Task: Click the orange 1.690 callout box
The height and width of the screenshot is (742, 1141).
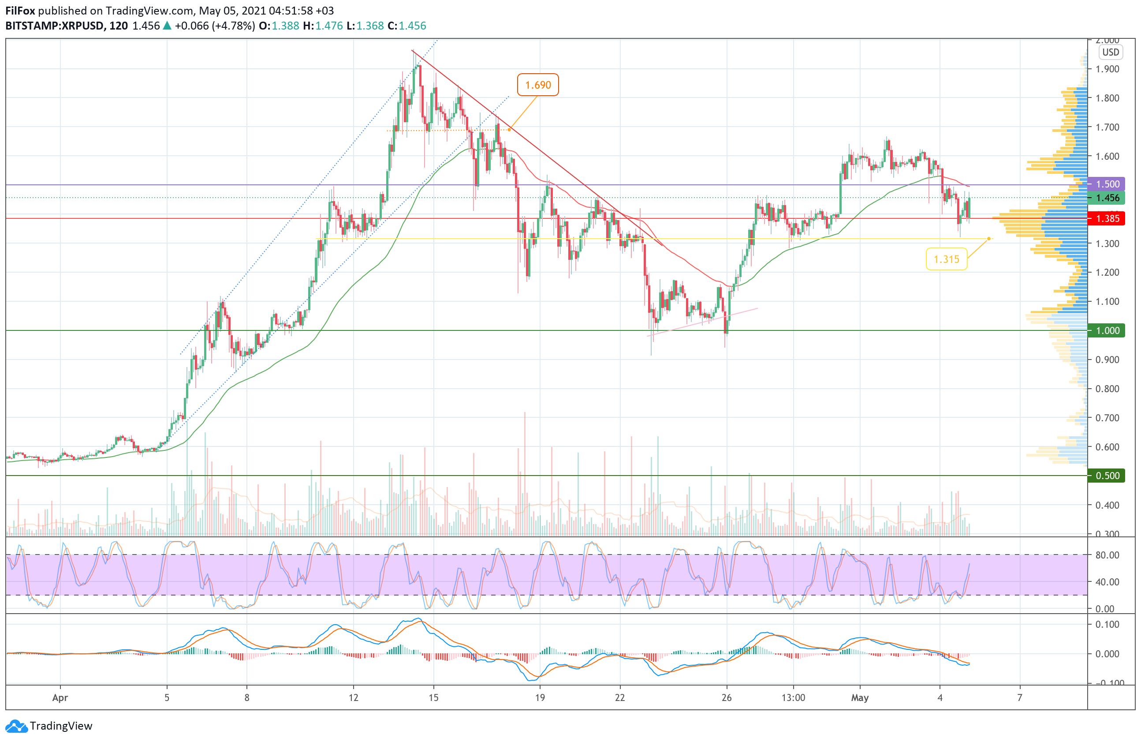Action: click(x=537, y=85)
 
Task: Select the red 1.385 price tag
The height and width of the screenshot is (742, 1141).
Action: click(x=1107, y=219)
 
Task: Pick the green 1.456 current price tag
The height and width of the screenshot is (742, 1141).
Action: click(x=1107, y=198)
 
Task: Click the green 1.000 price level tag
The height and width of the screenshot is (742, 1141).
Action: click(x=1107, y=330)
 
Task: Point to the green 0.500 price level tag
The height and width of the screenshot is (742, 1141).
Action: click(x=1107, y=476)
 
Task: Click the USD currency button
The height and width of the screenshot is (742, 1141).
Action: click(x=1110, y=52)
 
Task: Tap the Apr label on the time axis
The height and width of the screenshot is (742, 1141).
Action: click(x=60, y=698)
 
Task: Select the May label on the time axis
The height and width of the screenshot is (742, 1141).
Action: click(x=860, y=698)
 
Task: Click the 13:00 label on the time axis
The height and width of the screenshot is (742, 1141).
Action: click(x=793, y=698)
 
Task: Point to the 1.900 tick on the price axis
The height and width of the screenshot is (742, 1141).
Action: click(x=1107, y=69)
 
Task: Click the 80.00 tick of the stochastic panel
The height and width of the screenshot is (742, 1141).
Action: click(x=1107, y=555)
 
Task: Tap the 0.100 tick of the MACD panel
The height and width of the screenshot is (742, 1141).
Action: click(x=1107, y=625)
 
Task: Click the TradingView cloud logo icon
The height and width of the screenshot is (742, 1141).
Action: click(x=17, y=726)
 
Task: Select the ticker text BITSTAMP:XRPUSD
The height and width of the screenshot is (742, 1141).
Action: click(x=54, y=26)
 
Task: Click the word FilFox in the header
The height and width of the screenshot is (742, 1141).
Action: click(x=20, y=11)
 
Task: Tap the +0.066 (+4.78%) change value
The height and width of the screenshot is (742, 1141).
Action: click(x=214, y=26)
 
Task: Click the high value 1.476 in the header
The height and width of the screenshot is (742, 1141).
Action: click(x=329, y=26)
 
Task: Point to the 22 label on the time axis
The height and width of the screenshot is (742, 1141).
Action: click(x=619, y=698)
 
